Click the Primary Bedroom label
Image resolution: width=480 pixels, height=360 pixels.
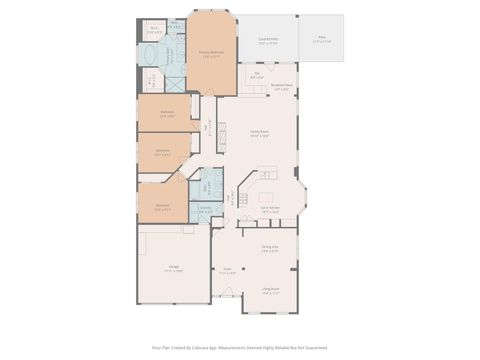click(x=210, y=52)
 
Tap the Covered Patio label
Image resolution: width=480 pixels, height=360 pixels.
click(x=269, y=42)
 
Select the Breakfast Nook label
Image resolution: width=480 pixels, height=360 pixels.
click(x=283, y=87)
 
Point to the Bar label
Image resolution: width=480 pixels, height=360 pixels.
click(x=256, y=73)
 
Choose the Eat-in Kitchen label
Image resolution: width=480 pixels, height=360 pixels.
click(x=270, y=210)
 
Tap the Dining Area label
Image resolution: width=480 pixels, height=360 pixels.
click(x=270, y=249)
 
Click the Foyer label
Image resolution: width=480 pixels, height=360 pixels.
click(x=227, y=270)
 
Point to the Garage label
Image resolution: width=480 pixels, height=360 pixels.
click(x=173, y=268)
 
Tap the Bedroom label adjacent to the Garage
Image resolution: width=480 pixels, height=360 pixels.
click(x=162, y=208)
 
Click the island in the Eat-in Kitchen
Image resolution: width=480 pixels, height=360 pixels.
click(x=267, y=196)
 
